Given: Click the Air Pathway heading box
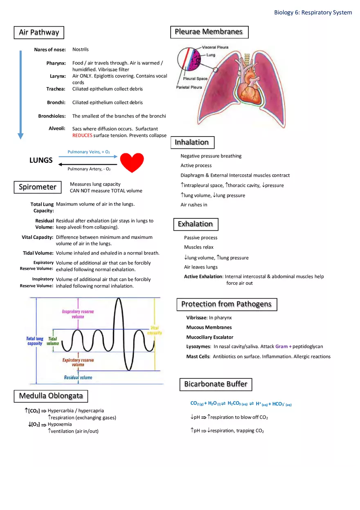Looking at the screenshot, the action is click(x=39, y=32).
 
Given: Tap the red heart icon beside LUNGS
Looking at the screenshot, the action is click(x=132, y=162).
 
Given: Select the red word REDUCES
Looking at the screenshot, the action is click(x=82, y=135).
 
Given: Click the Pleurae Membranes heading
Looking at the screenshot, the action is click(x=209, y=32).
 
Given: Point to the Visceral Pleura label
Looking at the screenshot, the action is click(x=215, y=47).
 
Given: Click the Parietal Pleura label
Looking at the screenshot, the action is click(x=189, y=88).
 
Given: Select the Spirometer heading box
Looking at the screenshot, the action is click(x=38, y=187).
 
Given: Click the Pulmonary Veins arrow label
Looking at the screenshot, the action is click(x=88, y=152).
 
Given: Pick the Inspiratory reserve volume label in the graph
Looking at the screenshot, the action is click(x=78, y=314).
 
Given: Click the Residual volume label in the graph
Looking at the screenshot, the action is click(x=78, y=377).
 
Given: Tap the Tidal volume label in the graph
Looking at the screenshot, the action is click(x=53, y=341).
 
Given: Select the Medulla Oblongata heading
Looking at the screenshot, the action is click(x=51, y=396).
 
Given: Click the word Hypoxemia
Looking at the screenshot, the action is click(x=60, y=424).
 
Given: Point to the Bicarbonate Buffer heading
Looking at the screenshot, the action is click(x=216, y=384).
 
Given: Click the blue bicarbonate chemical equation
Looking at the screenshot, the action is click(x=241, y=404).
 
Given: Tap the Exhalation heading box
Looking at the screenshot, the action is click(x=195, y=224).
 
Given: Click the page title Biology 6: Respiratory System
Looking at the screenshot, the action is click(x=313, y=12).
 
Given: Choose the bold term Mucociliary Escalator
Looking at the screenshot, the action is click(x=210, y=337).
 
